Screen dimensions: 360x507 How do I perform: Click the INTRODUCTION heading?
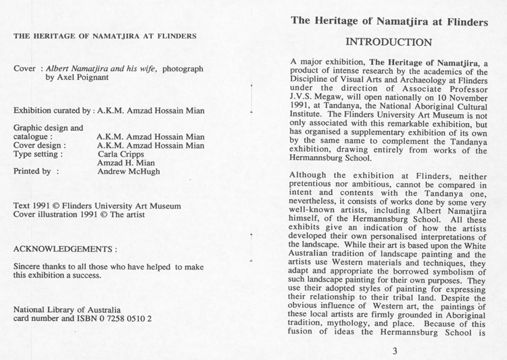click(x=388, y=42)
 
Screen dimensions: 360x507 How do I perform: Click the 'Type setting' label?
click(x=40, y=153)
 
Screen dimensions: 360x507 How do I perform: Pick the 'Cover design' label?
click(x=40, y=144)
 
